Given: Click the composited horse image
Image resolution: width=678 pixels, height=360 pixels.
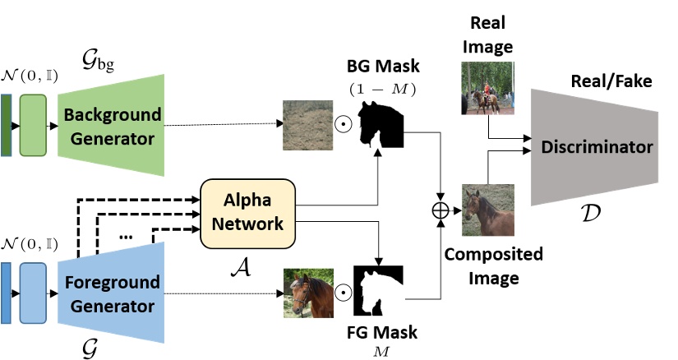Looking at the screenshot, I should [488, 210].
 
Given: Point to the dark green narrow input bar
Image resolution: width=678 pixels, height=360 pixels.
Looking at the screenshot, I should [7, 125].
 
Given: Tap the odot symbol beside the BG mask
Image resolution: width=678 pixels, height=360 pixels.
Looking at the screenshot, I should [346, 127].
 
